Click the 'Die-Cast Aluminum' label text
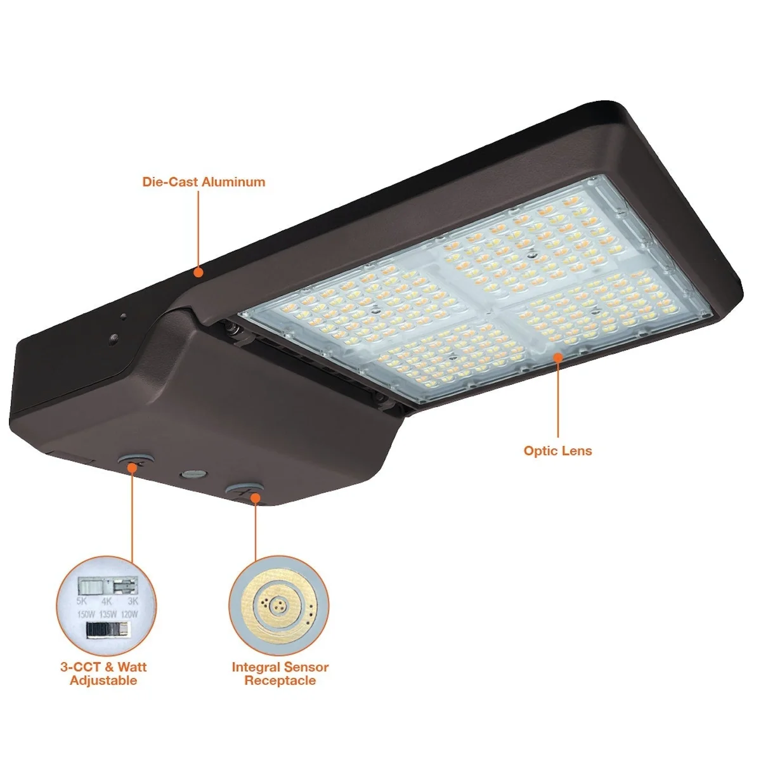coord(204,182)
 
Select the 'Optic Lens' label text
coord(557,451)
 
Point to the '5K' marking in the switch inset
coord(81,601)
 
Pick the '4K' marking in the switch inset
coord(107,601)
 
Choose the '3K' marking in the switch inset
coord(133,601)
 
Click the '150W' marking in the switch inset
coord(86,615)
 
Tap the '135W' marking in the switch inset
coord(108,615)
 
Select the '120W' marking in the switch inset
coord(129,615)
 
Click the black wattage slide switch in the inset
coord(107,630)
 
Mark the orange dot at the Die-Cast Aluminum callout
coord(198,272)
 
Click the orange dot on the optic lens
coord(557,358)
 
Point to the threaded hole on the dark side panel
coord(115,337)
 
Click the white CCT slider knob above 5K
coord(91,586)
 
